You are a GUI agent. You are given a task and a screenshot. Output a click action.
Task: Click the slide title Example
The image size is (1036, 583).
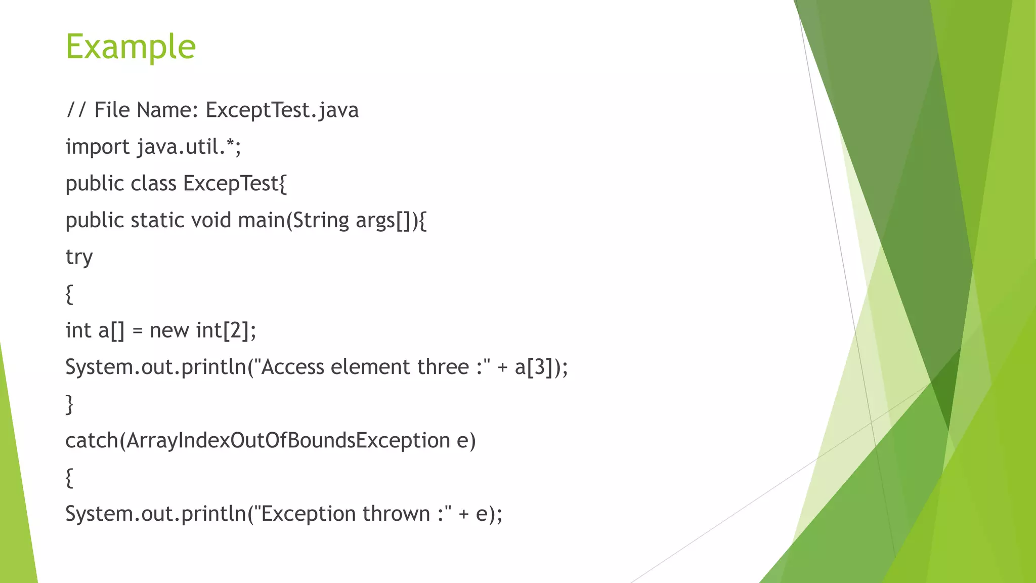[x=131, y=47]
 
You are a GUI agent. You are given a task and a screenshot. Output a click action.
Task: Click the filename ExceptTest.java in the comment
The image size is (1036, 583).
[x=282, y=110]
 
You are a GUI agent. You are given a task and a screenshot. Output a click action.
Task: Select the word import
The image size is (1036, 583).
[x=98, y=147]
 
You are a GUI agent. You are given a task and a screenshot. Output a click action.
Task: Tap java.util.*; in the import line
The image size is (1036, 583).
[x=189, y=147]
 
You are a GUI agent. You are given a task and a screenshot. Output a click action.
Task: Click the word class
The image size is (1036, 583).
[x=153, y=184]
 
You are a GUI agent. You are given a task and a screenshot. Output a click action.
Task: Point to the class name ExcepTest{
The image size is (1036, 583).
[x=235, y=184]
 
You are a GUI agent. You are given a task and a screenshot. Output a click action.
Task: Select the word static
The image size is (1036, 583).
[x=157, y=221]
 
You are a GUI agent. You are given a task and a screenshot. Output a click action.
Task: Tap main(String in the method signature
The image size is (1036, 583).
[x=293, y=221]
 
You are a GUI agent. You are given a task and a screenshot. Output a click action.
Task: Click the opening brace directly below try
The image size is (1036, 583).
[x=69, y=294]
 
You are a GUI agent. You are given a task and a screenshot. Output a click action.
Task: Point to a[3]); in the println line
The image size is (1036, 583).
[x=541, y=367]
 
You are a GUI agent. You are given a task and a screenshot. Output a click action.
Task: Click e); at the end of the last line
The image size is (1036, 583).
[x=489, y=514]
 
